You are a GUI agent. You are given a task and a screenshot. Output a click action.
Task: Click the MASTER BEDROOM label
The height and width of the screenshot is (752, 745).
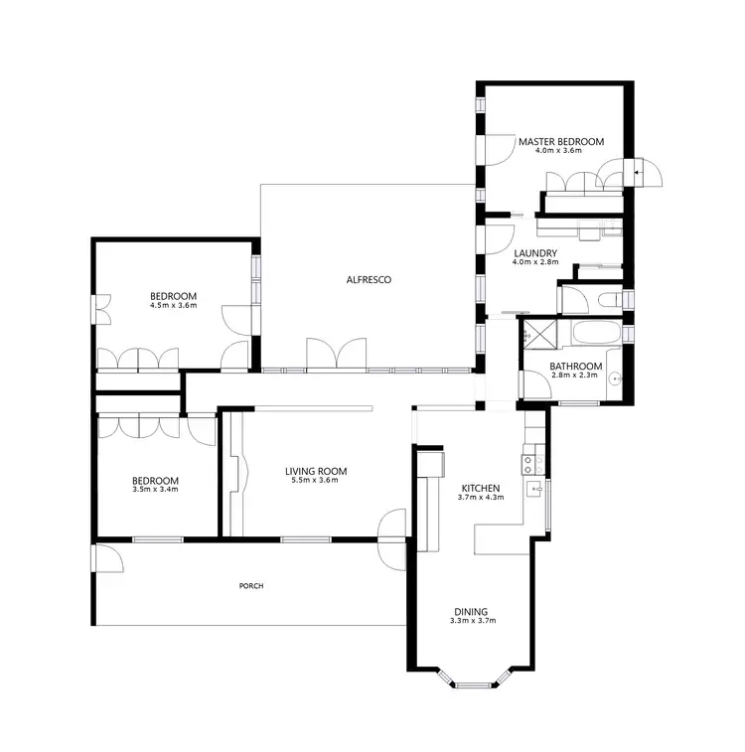[560, 142]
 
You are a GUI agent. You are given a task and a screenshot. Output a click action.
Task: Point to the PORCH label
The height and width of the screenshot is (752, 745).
[251, 586]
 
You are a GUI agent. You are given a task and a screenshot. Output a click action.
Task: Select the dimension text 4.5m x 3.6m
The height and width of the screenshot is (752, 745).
[173, 306]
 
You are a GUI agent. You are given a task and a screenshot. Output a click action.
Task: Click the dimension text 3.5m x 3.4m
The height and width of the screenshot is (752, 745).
[155, 490]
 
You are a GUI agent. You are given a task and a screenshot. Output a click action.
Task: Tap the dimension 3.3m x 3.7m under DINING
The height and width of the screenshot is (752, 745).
[472, 622]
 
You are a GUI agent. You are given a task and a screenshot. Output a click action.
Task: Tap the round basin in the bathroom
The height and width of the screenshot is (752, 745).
[616, 377]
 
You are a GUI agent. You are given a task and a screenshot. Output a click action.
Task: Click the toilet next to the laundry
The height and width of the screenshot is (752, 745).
[611, 299]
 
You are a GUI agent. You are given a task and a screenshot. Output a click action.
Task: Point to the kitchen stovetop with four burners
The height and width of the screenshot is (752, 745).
[529, 463]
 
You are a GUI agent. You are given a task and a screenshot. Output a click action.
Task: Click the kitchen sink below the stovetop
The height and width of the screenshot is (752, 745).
[532, 488]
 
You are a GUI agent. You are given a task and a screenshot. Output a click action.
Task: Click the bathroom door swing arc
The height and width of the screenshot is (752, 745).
[536, 386]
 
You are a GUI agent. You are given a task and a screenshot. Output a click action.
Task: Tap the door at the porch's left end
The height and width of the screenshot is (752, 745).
[106, 558]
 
